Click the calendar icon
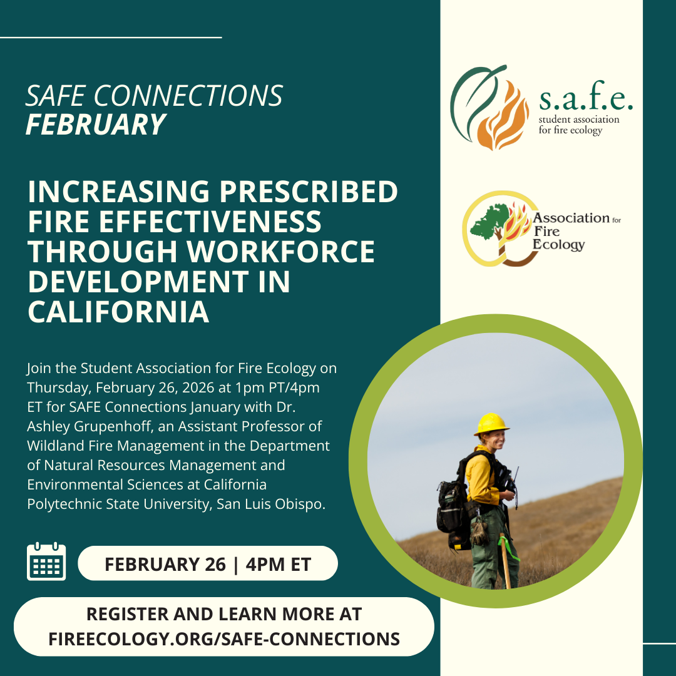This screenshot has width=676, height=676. pos(46,561)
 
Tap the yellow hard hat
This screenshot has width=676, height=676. pos(491,424)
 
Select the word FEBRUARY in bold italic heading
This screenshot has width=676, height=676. pos(95,124)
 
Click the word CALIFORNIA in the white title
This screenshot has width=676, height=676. pos(118,311)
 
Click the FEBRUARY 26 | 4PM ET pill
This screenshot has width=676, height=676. pos(208,564)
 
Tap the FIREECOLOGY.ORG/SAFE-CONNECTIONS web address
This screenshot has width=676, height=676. pos(224,639)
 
